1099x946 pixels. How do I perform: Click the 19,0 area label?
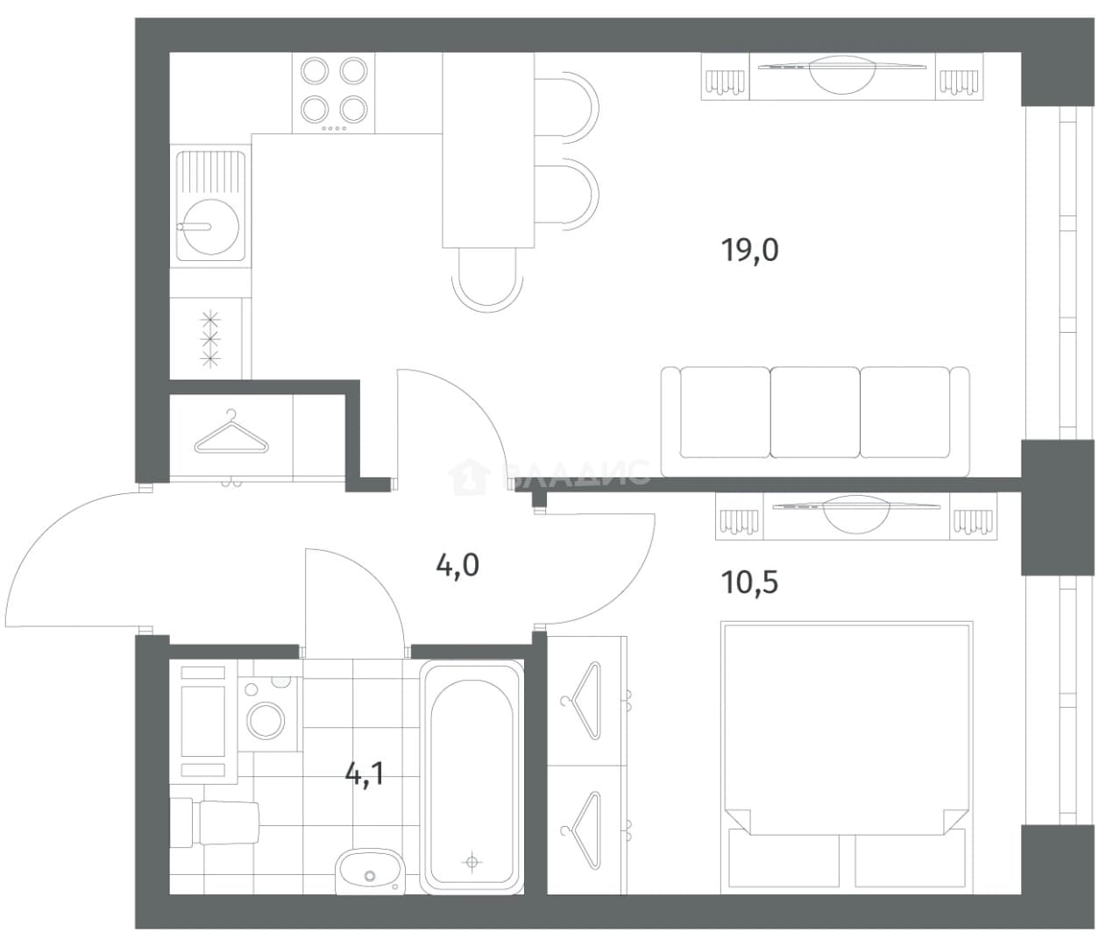point(749,251)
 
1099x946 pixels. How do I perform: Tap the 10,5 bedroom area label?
point(749,582)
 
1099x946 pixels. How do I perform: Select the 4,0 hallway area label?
point(457,565)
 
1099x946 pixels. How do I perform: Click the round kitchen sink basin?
point(210,227)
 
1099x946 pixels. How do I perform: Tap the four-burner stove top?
point(333,93)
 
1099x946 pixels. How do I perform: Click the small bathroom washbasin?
point(369,872)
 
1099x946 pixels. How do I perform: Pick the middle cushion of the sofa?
point(814,412)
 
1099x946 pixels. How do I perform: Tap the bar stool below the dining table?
point(487,280)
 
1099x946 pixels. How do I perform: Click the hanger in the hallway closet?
point(230,433)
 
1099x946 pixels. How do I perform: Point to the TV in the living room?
point(842,74)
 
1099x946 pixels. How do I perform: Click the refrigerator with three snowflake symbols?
point(210,338)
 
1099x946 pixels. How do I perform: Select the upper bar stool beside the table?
point(567,108)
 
